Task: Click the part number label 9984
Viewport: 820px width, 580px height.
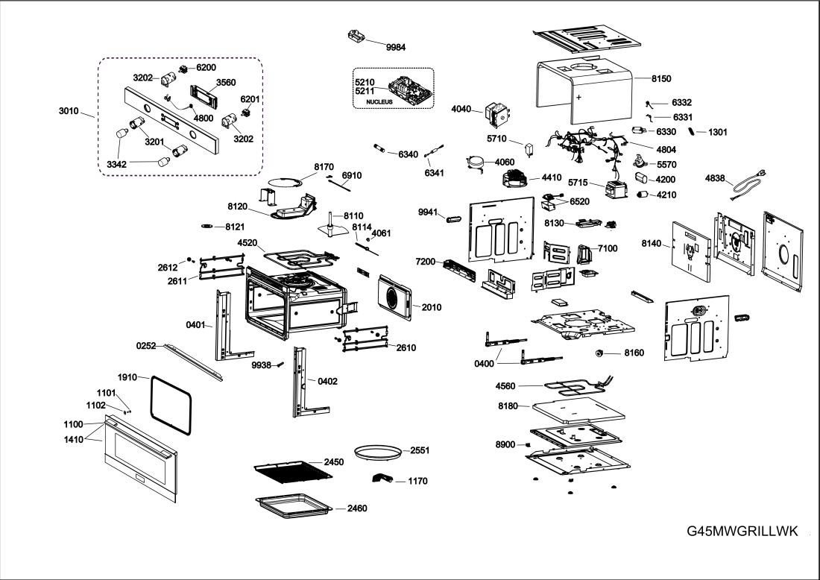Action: click(396, 47)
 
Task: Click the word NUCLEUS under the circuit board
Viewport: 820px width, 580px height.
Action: click(379, 101)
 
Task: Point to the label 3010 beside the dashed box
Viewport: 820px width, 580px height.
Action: click(69, 111)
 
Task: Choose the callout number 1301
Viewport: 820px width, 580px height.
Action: click(718, 132)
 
